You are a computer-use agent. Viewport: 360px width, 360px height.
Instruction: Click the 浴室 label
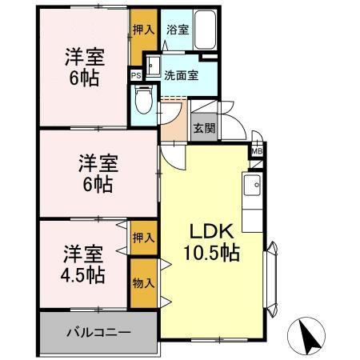point(177,30)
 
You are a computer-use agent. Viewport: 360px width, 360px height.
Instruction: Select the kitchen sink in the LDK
point(254,187)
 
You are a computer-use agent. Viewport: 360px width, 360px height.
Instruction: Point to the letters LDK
point(212,231)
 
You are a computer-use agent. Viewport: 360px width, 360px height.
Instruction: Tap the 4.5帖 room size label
point(83,275)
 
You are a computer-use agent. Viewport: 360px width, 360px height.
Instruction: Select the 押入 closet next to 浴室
point(143,30)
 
